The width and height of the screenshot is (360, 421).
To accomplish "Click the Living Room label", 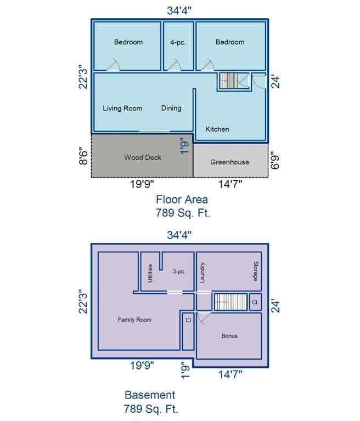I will (x=122, y=108).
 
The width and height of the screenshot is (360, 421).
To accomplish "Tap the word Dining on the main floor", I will (x=171, y=108).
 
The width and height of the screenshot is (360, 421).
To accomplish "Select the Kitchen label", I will (x=217, y=129).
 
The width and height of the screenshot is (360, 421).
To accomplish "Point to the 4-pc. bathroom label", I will (x=178, y=42).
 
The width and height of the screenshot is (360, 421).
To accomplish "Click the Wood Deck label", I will (x=143, y=157).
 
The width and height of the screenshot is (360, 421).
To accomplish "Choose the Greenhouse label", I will (x=229, y=162).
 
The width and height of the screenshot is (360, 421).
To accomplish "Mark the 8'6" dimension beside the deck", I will (x=83, y=155).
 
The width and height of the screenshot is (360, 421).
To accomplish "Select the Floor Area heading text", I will (x=182, y=200).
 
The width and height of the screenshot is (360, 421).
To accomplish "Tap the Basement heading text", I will (x=150, y=395).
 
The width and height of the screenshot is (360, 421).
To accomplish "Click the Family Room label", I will (x=134, y=320).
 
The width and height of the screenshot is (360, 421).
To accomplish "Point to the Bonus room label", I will (x=229, y=335).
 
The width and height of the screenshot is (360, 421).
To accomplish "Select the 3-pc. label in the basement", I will (x=178, y=271).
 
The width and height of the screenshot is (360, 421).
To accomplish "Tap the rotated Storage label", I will (x=256, y=271).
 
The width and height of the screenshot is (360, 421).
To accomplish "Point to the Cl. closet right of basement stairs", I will (x=255, y=302).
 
